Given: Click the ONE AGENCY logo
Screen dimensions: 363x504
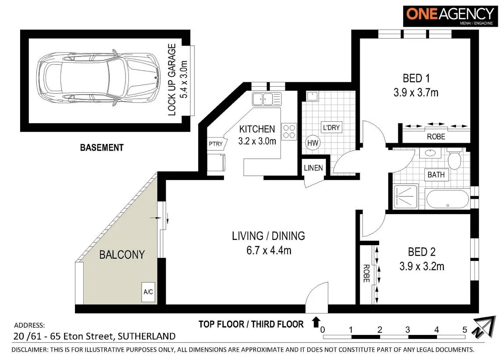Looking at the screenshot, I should pos(451,16).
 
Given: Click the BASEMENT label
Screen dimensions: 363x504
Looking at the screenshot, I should pos(102,148).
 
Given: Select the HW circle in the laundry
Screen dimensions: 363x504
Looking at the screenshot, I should pos(312,143).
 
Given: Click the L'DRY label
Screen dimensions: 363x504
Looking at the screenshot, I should pos(331,127).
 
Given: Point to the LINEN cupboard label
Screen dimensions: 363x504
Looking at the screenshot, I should pos(313,168).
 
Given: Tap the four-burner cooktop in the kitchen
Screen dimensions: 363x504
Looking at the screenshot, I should pos(289,131).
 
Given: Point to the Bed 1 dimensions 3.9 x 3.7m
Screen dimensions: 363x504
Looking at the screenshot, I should pos(415,92).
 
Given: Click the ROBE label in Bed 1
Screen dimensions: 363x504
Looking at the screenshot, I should pos(436,137).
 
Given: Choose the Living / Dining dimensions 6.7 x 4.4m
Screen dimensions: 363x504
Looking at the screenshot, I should pos(268,250).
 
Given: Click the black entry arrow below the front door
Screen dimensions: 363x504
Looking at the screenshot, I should pos(315,322).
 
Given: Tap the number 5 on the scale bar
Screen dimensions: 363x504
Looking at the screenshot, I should pos(465,329).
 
